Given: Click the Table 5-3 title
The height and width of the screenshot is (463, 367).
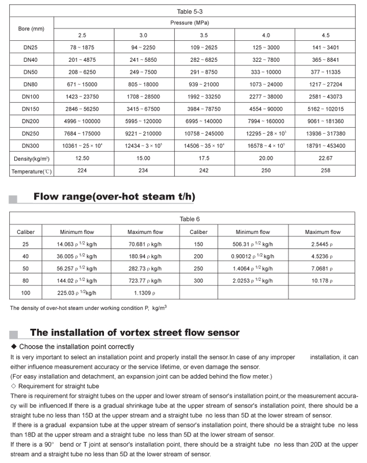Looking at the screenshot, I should [x=190, y=11].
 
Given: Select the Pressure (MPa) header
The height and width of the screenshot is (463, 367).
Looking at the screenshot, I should [x=190, y=23].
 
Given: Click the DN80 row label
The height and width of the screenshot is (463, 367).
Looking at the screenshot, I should [x=31, y=84].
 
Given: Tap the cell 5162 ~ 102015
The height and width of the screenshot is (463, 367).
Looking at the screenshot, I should [x=326, y=109].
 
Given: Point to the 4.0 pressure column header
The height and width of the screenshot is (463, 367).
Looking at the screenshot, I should [x=266, y=35].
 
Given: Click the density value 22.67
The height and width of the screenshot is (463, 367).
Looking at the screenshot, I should [x=326, y=158].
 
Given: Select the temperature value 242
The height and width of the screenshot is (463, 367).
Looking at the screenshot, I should [x=204, y=170].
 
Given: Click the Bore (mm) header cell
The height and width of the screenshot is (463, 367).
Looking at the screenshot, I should [x=31, y=29].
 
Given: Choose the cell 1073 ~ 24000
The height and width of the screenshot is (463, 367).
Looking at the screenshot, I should [x=266, y=84].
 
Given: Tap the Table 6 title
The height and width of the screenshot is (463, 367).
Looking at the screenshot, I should [x=190, y=219].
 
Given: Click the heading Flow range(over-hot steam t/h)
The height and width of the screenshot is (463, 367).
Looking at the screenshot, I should [x=114, y=197].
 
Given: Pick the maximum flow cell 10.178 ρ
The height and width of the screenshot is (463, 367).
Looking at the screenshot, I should [x=322, y=281].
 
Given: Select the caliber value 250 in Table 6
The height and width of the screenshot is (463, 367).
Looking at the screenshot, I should [x=198, y=269].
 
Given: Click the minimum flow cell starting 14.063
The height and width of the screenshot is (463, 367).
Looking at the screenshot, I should [x=76, y=244].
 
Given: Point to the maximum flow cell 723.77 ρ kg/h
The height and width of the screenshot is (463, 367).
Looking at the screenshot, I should [x=145, y=281].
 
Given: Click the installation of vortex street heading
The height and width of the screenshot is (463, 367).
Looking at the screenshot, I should [x=135, y=333].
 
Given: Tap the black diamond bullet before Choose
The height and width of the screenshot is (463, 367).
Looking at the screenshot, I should [x=14, y=347].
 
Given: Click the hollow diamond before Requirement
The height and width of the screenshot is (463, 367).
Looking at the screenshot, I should [x=14, y=386].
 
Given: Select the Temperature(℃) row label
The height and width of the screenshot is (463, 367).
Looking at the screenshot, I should [x=32, y=171].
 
